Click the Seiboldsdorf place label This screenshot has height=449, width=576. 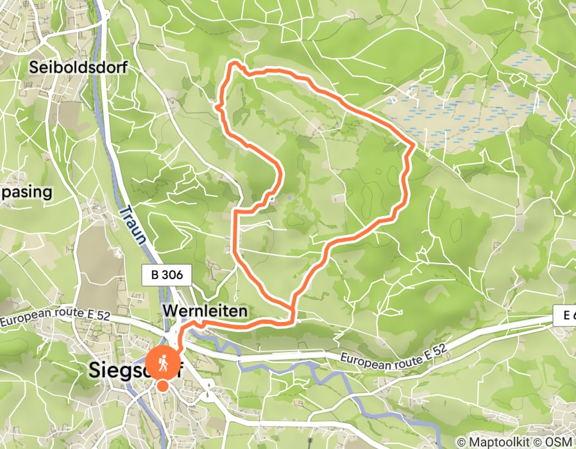pos(78,67)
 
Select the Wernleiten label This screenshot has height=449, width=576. pos(205,310)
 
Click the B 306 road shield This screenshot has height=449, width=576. pos(166,275)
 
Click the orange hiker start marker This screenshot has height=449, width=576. pos(163,363)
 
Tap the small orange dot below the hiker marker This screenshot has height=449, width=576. pos(163,385)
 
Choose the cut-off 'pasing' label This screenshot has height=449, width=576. pos(26,192)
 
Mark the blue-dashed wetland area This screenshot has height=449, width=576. pos(475,109)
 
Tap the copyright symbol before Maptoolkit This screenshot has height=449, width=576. pos(462,442)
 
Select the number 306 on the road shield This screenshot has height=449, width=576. pos(173,275)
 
